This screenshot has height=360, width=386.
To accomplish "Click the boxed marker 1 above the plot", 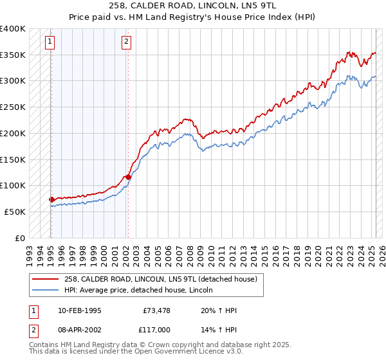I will (50, 43).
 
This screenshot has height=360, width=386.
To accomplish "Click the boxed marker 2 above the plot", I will (126, 43).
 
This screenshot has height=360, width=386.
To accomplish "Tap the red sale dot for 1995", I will (51, 199).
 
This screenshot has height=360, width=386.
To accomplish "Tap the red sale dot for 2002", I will (128, 177).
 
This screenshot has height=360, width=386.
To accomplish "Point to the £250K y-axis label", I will (13, 107).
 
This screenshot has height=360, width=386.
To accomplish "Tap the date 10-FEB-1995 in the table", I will (79, 310).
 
